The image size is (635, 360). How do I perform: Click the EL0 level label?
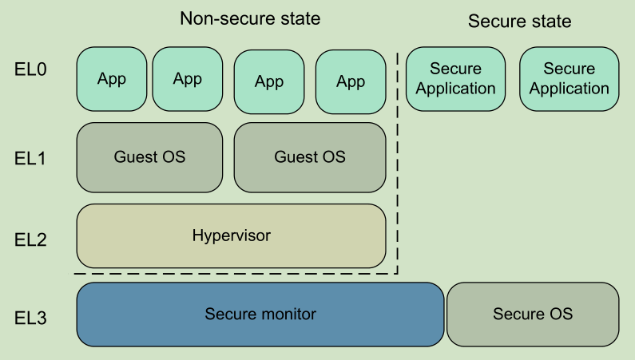(x=30, y=69)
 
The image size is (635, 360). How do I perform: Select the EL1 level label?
(x=30, y=159)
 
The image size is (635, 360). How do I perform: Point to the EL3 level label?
(x=30, y=318)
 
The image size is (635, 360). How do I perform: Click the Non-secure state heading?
(x=250, y=18)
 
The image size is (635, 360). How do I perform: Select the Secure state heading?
(x=519, y=22)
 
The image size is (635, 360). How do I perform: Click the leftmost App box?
(x=112, y=79)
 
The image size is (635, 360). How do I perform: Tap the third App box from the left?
(x=270, y=81)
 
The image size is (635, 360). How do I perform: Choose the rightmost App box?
(x=350, y=81)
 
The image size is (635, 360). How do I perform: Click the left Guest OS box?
(x=149, y=157)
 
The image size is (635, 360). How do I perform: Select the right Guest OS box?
(x=310, y=157)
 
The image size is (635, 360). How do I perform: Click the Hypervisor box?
(x=231, y=235)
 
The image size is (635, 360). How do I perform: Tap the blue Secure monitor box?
(x=260, y=315)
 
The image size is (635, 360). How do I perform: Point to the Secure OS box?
(x=533, y=315)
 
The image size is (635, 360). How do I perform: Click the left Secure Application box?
(x=456, y=79)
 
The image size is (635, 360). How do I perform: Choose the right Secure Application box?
(x=570, y=79)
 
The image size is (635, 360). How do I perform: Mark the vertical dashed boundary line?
(x=398, y=160)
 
